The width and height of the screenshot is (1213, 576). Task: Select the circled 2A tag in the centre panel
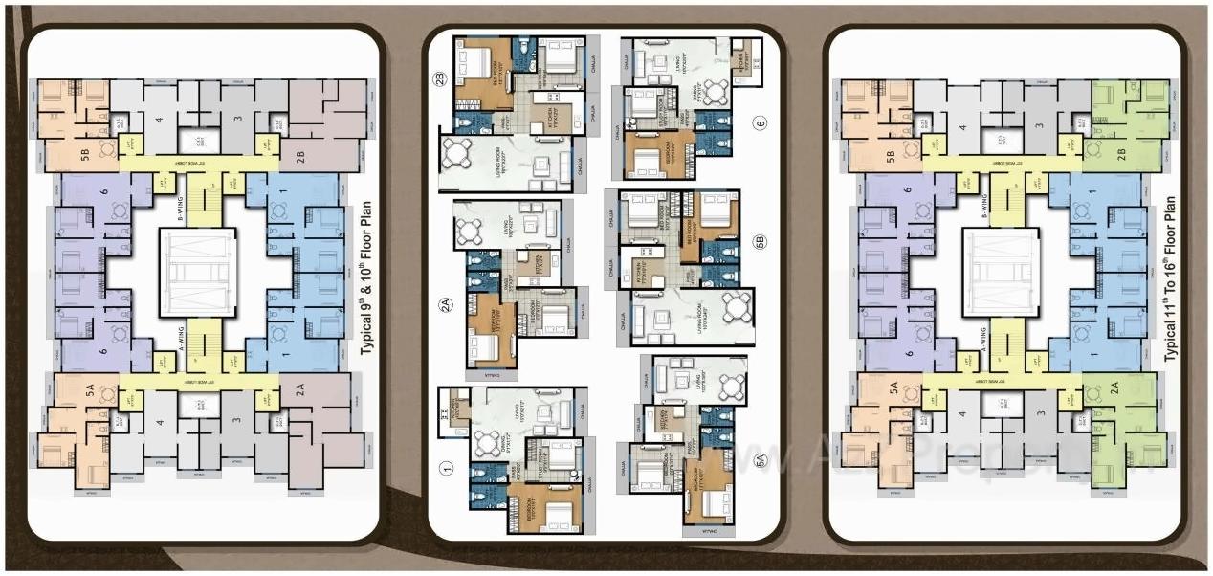445,305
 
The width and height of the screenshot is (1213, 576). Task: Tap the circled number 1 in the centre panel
445,469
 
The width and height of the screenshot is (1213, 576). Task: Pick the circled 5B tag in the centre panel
760,242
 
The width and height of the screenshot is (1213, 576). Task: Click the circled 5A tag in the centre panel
760,460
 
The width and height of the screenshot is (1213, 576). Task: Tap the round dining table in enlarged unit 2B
460,152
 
